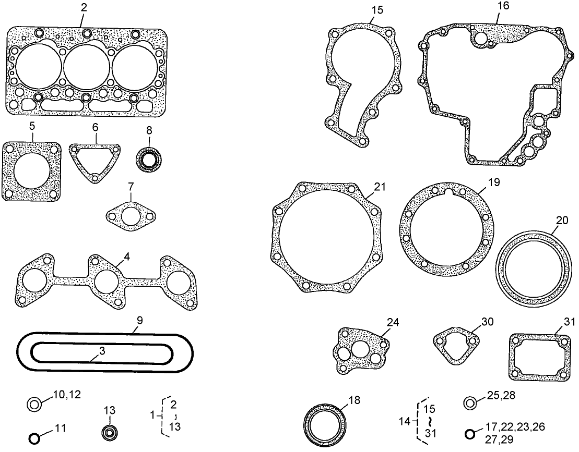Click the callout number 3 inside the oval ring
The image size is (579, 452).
point(102,351)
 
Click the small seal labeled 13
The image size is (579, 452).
point(110,433)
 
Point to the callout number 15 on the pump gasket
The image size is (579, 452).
point(377,10)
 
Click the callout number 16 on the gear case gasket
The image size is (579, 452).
point(503,6)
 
